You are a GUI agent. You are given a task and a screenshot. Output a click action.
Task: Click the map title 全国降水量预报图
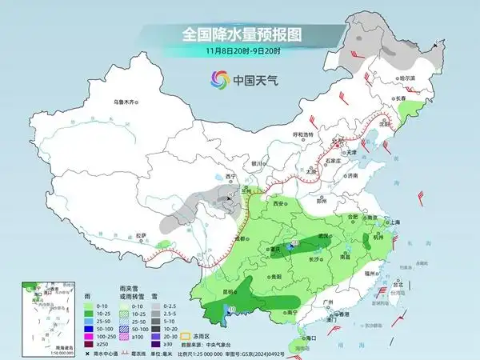(x=239, y=34)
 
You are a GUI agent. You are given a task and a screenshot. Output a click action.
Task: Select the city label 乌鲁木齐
(x=126, y=102)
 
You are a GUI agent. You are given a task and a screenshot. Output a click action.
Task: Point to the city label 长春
(x=399, y=98)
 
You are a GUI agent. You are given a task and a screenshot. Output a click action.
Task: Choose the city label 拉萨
(x=141, y=234)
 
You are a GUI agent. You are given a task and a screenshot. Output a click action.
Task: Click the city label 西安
(x=278, y=204)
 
